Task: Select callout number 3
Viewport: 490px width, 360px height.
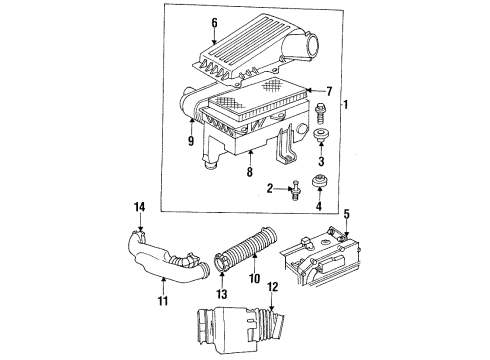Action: pos(322,160)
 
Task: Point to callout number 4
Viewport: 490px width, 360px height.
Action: pos(320,208)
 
